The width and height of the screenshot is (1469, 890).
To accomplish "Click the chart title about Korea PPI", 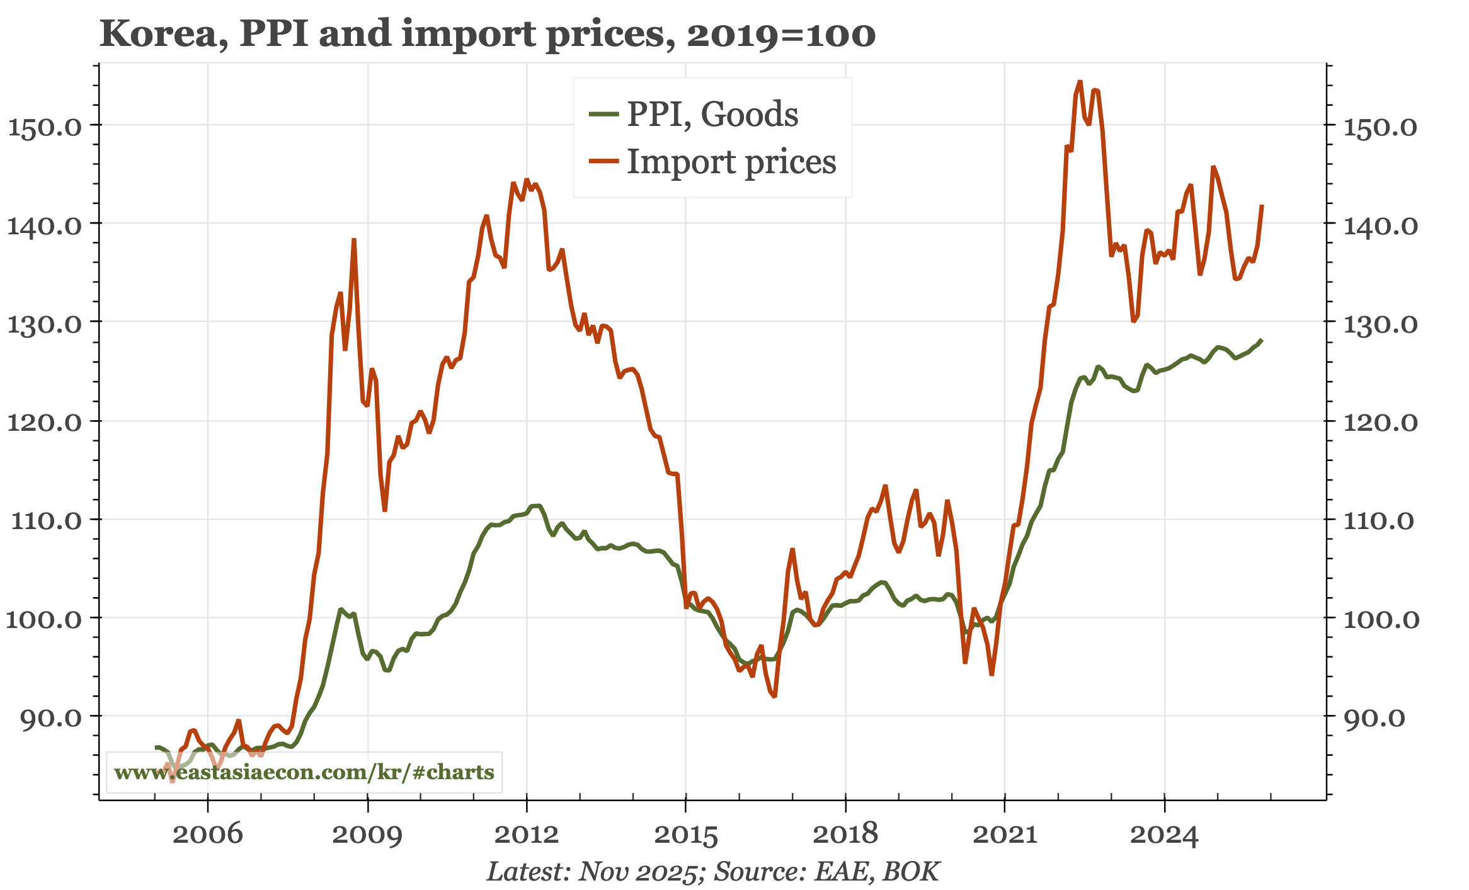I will point(487,34).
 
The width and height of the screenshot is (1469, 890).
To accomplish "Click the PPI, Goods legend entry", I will point(712,115).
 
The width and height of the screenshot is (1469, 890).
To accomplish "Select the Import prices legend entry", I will point(731,162).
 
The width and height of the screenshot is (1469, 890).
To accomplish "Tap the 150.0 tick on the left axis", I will point(44,127).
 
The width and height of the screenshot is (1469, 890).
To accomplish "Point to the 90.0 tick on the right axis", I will point(1374,718).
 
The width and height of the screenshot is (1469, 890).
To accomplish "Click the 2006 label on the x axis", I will point(207,835).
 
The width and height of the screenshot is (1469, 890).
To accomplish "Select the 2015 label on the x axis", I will point(686,835).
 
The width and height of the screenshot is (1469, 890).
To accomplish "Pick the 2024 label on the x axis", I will point(1164,835).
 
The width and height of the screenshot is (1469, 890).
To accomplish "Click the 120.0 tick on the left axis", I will point(44,422).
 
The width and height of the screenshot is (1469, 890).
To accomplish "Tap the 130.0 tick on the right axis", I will point(1380,324).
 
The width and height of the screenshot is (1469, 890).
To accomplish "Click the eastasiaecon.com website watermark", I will point(304,772).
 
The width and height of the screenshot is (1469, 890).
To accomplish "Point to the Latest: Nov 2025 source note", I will point(713,872).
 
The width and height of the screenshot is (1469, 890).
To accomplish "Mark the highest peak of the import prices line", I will point(1080,81).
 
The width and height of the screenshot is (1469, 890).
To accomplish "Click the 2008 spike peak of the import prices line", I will point(354,239).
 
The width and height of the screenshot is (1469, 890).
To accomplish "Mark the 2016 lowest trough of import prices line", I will point(774,696).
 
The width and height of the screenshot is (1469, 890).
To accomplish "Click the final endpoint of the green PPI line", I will point(1262,340).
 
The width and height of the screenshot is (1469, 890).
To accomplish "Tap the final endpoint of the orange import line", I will point(1262,205).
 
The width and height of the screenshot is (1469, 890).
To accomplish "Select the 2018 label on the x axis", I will point(845,835).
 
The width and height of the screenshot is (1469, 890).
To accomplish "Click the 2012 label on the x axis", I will point(527,835).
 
